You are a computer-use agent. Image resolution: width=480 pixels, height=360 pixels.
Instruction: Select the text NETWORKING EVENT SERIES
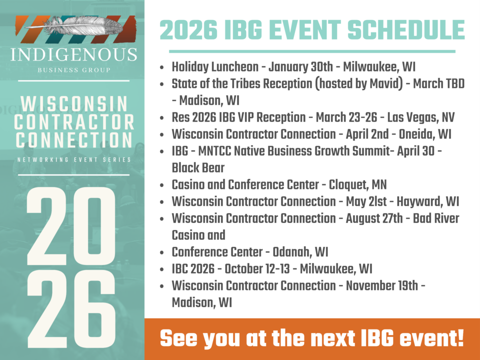pos(73,159)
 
